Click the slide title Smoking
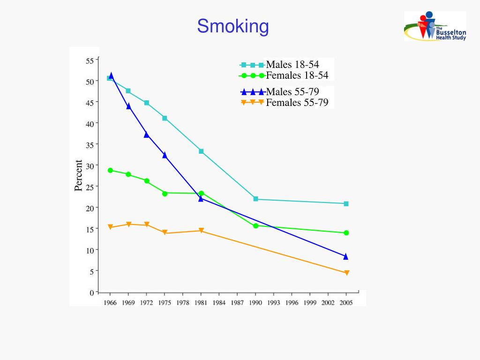click(x=233, y=26)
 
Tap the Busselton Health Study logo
click(x=435, y=26)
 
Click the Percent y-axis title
click(x=78, y=176)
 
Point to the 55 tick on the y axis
click(x=90, y=60)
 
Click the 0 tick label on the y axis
click(x=91, y=292)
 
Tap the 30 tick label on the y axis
click(x=90, y=165)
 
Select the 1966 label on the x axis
click(x=110, y=303)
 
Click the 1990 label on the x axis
click(x=255, y=303)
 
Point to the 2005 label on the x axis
click(x=346, y=303)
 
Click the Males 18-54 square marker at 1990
click(x=255, y=199)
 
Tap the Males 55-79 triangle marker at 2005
click(x=346, y=256)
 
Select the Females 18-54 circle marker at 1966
click(x=110, y=170)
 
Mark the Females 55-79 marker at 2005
click(x=346, y=273)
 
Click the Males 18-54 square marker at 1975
click(x=165, y=118)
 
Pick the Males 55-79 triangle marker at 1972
click(x=146, y=135)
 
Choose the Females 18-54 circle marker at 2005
click(x=346, y=233)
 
